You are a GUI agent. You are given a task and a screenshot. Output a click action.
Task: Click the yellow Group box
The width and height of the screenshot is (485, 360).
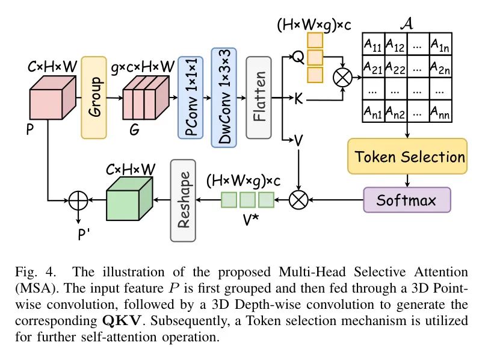[x=94, y=98]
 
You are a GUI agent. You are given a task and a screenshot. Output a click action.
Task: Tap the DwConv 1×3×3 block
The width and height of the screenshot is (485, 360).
[x=224, y=97]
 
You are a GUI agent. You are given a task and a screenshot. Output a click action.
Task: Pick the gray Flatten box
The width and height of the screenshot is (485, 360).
[x=259, y=97]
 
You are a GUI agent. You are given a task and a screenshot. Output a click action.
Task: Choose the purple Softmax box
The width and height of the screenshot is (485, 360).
[x=407, y=199]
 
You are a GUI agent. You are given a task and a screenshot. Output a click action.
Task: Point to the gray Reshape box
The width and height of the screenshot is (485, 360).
[x=184, y=200]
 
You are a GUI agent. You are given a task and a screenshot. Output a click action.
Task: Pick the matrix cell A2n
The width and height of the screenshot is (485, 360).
[x=440, y=66]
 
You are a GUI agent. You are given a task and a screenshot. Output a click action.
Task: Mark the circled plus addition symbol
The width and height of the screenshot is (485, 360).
[x=77, y=200]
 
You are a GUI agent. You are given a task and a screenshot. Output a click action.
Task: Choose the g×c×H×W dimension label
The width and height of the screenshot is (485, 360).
[x=144, y=64]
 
